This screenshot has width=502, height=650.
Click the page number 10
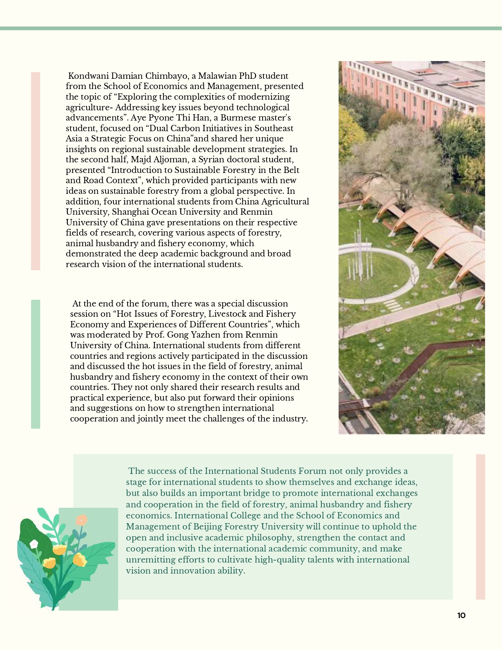[461, 616]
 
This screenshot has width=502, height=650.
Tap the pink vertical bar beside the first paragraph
[35, 171]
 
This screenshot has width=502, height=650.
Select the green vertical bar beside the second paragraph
[35, 364]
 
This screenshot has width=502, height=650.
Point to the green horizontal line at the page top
[251, 28]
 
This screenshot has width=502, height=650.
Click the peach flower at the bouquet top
[82, 520]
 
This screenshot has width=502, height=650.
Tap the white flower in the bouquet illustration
[34, 544]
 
